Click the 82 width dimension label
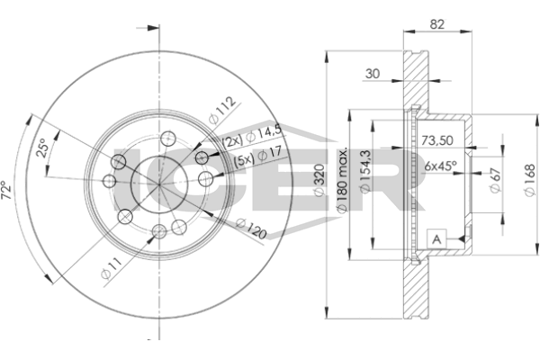point(437,24)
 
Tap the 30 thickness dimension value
point(373,74)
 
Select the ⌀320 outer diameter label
point(319,180)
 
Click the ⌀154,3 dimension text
point(364,171)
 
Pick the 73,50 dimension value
point(437,140)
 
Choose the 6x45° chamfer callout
point(440,166)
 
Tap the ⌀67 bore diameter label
point(495,180)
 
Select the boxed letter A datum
point(436,238)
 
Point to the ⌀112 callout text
point(222,110)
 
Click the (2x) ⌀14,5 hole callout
point(252,137)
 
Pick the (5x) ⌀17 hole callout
point(258,157)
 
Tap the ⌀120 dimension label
point(251,229)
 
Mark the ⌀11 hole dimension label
point(112,268)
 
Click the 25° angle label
point(42,148)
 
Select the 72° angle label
point(6,190)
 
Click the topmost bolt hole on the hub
point(168,139)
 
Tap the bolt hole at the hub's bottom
point(159,231)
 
